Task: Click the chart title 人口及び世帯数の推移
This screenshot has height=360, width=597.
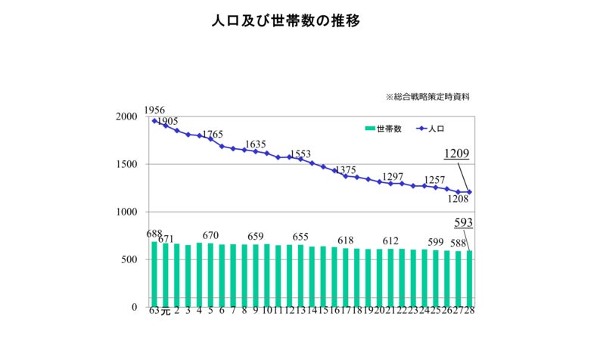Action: (285, 21)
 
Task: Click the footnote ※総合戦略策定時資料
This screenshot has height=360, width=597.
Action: (432, 97)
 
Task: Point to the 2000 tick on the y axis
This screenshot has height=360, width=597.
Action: (126, 117)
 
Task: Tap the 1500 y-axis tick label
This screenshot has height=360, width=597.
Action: (126, 165)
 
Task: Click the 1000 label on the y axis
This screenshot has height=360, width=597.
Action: (126, 213)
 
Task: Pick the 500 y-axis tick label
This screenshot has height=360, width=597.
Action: (129, 260)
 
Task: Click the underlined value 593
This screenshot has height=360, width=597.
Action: (463, 222)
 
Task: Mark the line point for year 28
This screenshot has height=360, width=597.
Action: (469, 192)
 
